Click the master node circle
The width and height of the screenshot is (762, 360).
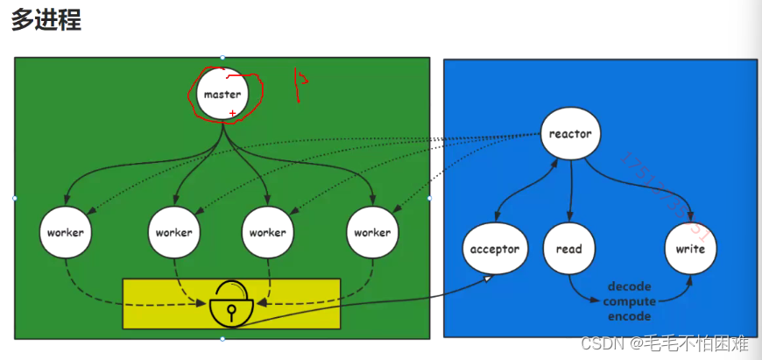pos(222,94)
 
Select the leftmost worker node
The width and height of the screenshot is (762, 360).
pos(66,232)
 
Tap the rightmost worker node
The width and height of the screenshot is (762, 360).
pos(371,232)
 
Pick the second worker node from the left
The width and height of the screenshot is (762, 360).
pos(173,232)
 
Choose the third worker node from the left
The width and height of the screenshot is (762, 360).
pos(267,232)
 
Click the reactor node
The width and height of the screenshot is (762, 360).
pos(570,134)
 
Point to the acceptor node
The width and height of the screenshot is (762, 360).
pos(495,249)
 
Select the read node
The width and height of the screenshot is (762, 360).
pos(568,249)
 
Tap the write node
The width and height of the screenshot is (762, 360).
pos(690,249)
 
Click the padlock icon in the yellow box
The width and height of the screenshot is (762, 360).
pos(231,303)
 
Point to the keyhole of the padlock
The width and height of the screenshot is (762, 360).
pos(231,310)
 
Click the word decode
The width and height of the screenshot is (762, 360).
pos(629,286)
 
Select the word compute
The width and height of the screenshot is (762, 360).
pos(629,301)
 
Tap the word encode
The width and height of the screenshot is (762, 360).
pos(629,316)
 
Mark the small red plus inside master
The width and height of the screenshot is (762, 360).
pos(232,114)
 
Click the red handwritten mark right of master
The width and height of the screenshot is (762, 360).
pos(300,84)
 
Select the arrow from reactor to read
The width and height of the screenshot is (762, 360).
pos(570,188)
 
